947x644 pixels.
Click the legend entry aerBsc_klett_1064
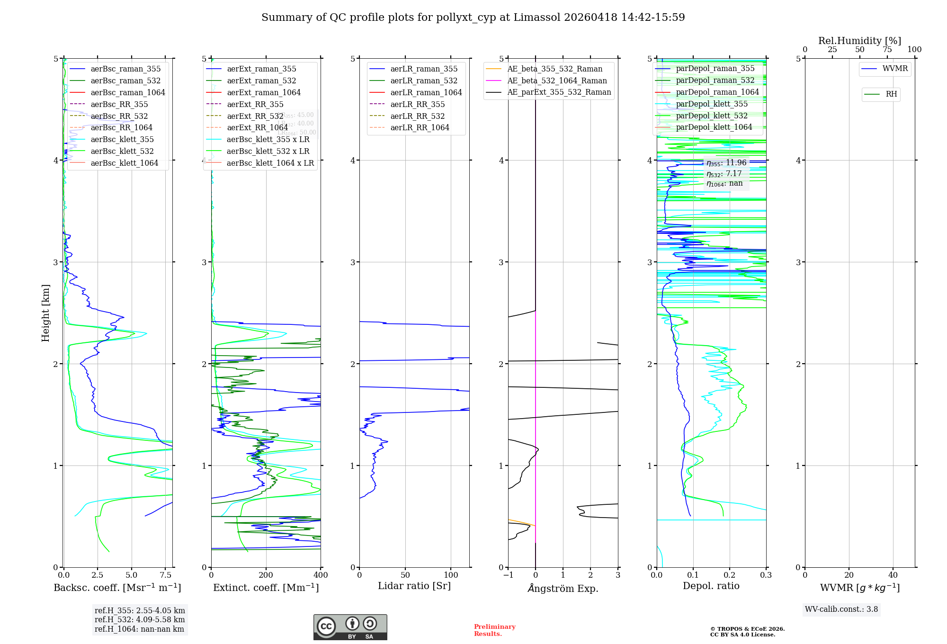(124, 163)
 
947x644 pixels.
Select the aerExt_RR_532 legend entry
(255, 116)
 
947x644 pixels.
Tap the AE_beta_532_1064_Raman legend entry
(557, 80)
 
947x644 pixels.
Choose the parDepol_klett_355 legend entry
(712, 104)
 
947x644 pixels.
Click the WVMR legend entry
(895, 69)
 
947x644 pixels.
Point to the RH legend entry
(891, 94)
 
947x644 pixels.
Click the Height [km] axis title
(45, 313)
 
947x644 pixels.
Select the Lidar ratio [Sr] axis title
(414, 586)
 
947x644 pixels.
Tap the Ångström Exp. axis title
(563, 588)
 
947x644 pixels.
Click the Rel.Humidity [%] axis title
(859, 41)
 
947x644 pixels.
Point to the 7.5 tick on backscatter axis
(165, 575)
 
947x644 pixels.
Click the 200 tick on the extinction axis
(266, 575)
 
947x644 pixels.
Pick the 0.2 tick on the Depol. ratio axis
(730, 575)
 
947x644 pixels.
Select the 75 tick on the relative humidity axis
(887, 50)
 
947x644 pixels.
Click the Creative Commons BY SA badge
(350, 627)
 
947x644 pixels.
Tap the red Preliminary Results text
(494, 630)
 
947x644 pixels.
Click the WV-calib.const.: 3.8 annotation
(841, 609)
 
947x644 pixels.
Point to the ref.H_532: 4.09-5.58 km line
(140, 619)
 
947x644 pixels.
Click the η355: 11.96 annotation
(726, 163)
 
